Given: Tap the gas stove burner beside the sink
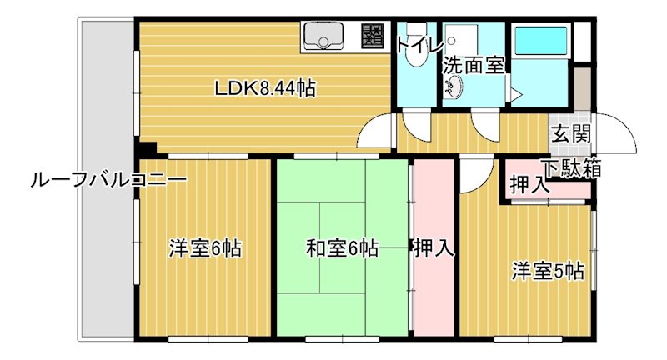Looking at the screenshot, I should click(372, 36).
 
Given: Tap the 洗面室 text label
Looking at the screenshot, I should click(473, 65).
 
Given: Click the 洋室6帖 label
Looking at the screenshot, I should click(205, 247).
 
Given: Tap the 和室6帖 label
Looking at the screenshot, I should click(342, 247).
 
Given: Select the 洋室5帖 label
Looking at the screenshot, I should click(547, 270).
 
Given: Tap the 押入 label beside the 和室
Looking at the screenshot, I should click(434, 247).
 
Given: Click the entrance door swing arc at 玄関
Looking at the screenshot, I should click(617, 133).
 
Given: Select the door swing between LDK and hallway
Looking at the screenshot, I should click(375, 133).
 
